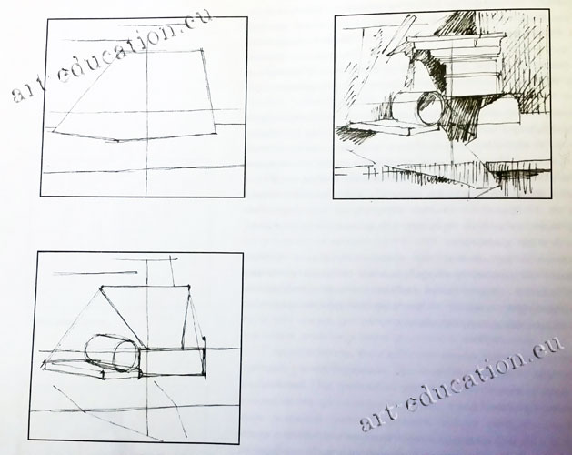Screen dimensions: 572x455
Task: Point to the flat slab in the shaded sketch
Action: coord(383,127)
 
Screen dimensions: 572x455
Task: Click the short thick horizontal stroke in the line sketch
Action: coord(95,273)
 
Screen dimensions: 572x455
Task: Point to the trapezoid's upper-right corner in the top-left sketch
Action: coord(203,49)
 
